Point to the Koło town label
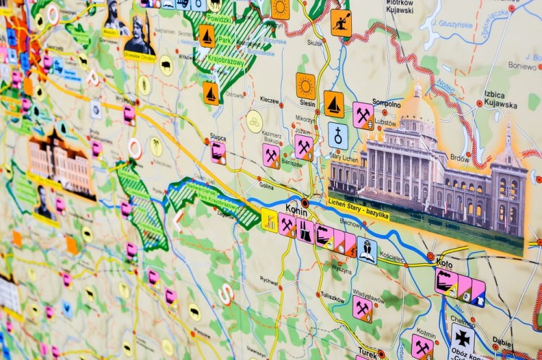(444, 264)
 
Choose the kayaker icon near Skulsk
(340, 22)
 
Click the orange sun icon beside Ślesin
(306, 85)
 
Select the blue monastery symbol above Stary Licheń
(337, 135)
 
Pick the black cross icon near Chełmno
(463, 336)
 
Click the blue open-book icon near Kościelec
(366, 250)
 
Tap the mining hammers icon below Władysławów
(362, 309)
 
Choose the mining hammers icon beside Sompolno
(363, 114)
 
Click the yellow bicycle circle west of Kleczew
(254, 121)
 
